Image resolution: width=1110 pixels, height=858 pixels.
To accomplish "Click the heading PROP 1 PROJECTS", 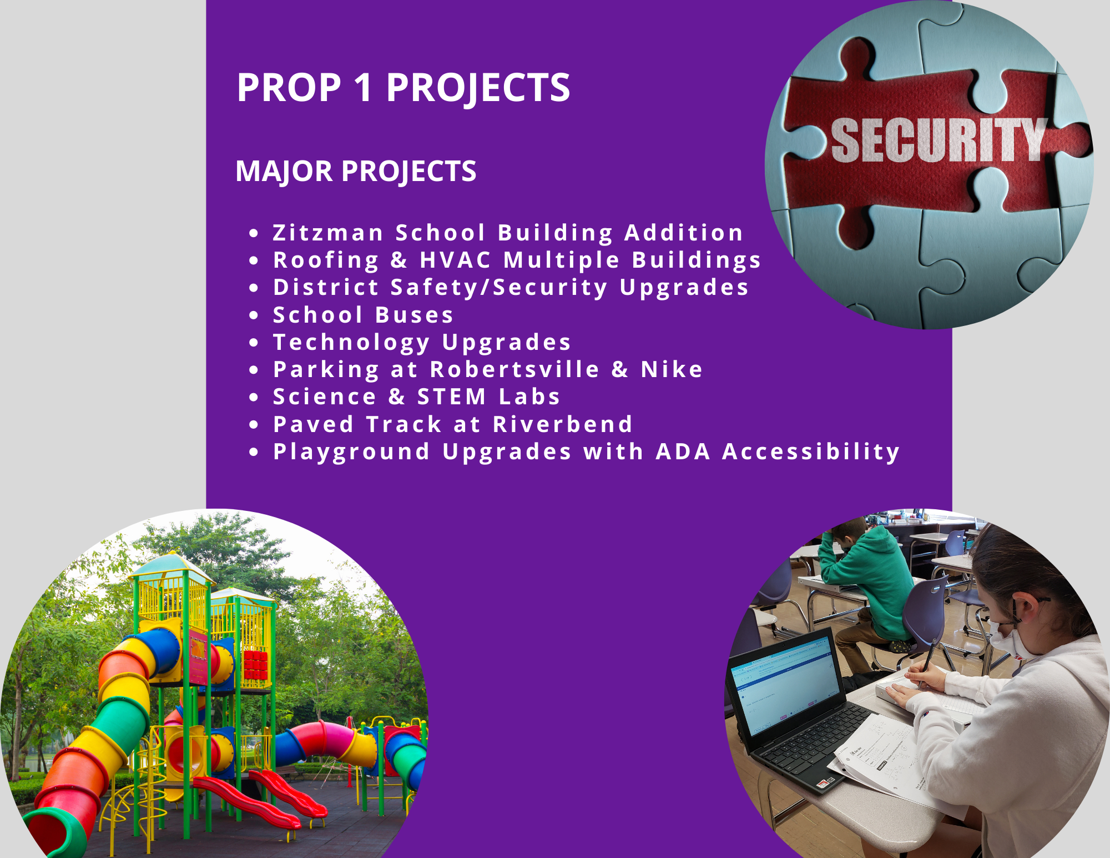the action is coord(403,88).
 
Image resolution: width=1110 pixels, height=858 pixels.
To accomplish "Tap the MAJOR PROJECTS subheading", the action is coord(356,171).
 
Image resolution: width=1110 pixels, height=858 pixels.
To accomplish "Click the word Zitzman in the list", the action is coord(328,233).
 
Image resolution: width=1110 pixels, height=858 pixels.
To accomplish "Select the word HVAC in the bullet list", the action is coord(456,260).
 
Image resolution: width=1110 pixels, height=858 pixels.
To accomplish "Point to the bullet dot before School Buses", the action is coord(254,315).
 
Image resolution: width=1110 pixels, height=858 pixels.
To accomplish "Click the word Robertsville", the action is coord(515,369).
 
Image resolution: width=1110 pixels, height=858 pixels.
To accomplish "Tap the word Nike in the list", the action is coord(672,369).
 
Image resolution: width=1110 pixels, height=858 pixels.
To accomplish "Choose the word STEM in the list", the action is coord(452,397).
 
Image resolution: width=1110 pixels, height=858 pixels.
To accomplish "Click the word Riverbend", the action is coord(563,424).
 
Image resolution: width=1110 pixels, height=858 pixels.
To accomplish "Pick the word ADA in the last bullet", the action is coord(683,451).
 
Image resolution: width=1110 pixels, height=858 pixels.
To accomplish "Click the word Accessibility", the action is coord(811,452).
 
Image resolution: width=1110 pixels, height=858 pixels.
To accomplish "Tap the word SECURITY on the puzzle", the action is coord(939,140).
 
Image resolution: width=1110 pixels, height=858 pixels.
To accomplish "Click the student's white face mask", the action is coord(1013,639).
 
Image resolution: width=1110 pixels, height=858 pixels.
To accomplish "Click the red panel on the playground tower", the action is coord(256,665).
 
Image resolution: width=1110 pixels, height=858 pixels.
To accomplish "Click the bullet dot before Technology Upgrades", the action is coord(254,343).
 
